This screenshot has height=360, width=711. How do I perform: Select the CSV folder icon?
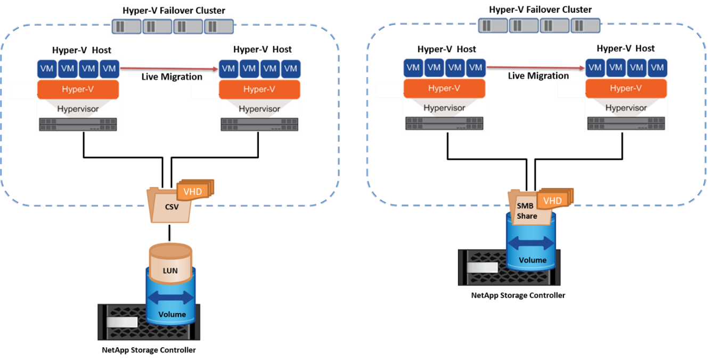(x=169, y=206)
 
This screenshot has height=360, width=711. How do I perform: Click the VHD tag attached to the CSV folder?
(x=192, y=191)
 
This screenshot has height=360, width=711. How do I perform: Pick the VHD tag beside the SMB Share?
(x=552, y=201)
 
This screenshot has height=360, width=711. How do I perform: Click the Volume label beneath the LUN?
(x=172, y=314)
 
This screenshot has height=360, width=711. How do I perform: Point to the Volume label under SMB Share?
(x=533, y=260)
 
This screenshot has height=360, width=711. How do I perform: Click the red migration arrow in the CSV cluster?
(x=169, y=68)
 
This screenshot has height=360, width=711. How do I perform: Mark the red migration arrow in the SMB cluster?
(x=535, y=67)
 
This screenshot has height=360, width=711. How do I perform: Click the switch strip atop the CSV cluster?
(x=172, y=26)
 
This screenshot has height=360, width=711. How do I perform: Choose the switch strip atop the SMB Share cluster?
(x=538, y=25)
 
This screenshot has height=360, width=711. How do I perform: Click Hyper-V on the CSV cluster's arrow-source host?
(x=78, y=89)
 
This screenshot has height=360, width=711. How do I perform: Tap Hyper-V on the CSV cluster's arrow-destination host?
(x=259, y=89)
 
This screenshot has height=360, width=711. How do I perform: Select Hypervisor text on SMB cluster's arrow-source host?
(x=444, y=108)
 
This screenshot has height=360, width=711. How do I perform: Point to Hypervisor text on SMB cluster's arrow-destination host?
(x=626, y=108)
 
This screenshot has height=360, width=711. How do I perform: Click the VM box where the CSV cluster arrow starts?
(x=109, y=68)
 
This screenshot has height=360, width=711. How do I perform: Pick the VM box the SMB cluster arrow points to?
(x=595, y=68)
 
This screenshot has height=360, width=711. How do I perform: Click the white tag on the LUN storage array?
(x=122, y=323)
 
